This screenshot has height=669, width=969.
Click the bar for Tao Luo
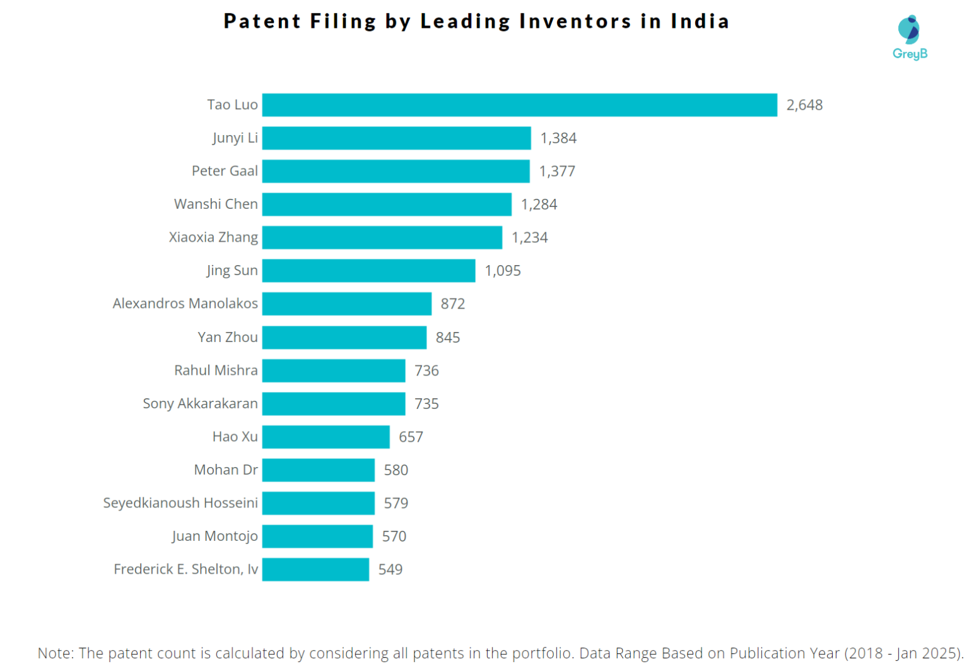pyautogui.click(x=519, y=105)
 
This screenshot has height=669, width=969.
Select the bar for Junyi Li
pyautogui.click(x=396, y=138)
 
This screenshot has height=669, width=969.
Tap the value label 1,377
pyautogui.click(x=557, y=171)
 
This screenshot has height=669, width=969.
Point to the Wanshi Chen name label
pyautogui.click(x=216, y=204)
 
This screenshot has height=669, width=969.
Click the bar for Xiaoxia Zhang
pyautogui.click(x=382, y=237)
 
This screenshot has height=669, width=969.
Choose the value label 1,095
pyautogui.click(x=503, y=271)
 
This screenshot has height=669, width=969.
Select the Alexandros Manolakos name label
pyautogui.click(x=185, y=304)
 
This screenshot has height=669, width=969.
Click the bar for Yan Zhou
pyautogui.click(x=344, y=337)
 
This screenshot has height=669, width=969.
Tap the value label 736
pyautogui.click(x=426, y=370)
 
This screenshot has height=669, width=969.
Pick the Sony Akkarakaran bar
pyautogui.click(x=333, y=403)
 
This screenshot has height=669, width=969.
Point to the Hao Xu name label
pyautogui.click(x=235, y=437)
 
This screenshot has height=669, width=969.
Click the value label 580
pyautogui.click(x=396, y=470)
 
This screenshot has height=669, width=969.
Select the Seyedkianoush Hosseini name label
pyautogui.click(x=180, y=503)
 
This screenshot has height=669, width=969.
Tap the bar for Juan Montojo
pyautogui.click(x=317, y=536)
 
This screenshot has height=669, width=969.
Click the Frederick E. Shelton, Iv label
pyautogui.click(x=185, y=569)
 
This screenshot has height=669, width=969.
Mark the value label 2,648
pyautogui.click(x=804, y=105)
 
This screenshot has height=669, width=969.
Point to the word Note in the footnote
pyautogui.click(x=54, y=653)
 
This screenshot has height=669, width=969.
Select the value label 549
pyautogui.click(x=391, y=569)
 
